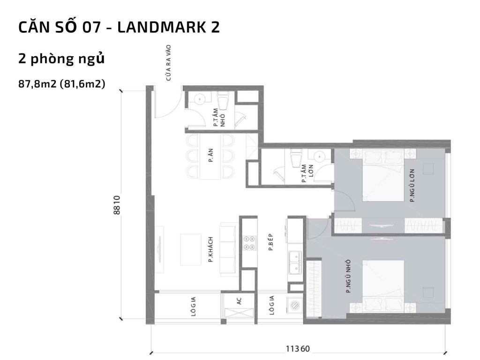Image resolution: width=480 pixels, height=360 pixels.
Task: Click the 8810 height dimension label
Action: (117, 205)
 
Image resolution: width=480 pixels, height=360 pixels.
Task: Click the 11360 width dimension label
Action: (298, 349)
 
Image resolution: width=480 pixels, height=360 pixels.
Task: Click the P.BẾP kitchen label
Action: (271, 243)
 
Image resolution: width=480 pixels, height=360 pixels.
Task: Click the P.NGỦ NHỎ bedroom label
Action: (348, 278)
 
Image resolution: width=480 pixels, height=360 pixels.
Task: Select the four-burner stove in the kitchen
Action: (249, 243)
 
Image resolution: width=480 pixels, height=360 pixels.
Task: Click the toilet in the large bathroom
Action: (296, 159)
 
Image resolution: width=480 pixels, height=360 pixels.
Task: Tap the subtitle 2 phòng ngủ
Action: (61, 59)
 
